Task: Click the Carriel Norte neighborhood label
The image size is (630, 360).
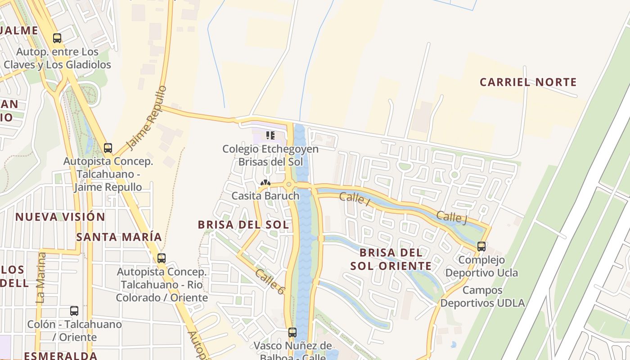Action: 528,82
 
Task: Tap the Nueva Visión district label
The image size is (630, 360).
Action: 60,217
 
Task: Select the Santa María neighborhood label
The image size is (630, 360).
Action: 119,237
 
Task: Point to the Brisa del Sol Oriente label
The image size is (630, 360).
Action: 391,259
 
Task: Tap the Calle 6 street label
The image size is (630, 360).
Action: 270,282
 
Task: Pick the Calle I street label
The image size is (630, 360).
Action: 355,198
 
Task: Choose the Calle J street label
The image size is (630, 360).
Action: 451,217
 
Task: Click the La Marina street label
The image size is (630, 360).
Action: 41,277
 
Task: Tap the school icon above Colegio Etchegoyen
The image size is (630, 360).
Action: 270,135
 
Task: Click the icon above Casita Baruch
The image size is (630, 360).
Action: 265,183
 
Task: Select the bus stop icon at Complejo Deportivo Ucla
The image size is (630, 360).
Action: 481,247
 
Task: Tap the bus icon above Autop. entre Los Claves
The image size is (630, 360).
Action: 57,38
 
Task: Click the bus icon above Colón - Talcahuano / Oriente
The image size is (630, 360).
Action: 74,311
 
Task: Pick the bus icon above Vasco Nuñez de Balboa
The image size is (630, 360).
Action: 292,333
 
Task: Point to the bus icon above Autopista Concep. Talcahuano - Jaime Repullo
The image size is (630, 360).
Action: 108,148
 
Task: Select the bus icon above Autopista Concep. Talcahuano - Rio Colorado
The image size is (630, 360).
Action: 162,258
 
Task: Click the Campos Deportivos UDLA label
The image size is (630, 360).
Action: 482,297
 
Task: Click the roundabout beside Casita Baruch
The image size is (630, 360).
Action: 288,184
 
